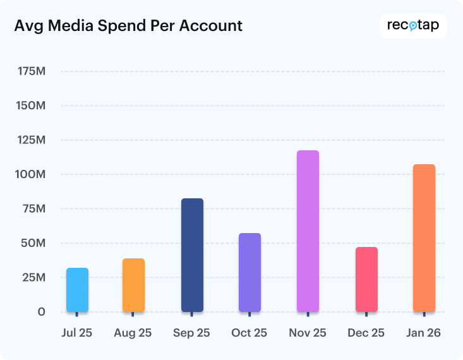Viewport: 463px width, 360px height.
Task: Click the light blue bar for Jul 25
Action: pyautogui.click(x=77, y=290)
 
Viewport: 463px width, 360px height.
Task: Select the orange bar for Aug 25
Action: pyautogui.click(x=133, y=285)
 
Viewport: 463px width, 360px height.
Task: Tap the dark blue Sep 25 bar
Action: pyautogui.click(x=192, y=255)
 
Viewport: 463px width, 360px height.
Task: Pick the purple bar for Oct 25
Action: pyautogui.click(x=250, y=272)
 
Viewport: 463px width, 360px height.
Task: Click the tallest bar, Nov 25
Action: pyautogui.click(x=308, y=231)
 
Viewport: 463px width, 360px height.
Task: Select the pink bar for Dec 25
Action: pyautogui.click(x=366, y=279)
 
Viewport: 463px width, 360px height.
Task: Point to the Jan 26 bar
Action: pyautogui.click(x=424, y=238)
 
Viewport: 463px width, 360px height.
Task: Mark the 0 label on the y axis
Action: pyautogui.click(x=41, y=312)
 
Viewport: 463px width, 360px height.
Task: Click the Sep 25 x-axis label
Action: pyautogui.click(x=191, y=333)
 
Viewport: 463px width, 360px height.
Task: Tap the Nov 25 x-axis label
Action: pyautogui.click(x=307, y=333)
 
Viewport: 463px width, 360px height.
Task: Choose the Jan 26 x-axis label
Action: pyautogui.click(x=423, y=333)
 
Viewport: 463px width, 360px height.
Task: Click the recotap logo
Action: pyautogui.click(x=413, y=27)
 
